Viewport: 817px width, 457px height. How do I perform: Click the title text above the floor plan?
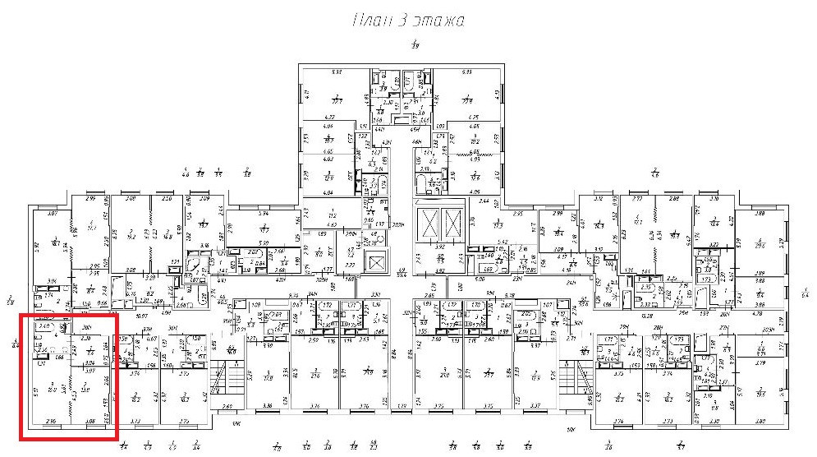[408, 21]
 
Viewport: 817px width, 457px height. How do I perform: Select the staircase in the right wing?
[575, 378]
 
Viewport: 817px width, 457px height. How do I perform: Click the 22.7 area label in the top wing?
[336, 100]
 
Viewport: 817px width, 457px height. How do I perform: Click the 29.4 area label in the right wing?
[760, 244]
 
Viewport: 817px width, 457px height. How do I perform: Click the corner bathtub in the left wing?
[194, 267]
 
